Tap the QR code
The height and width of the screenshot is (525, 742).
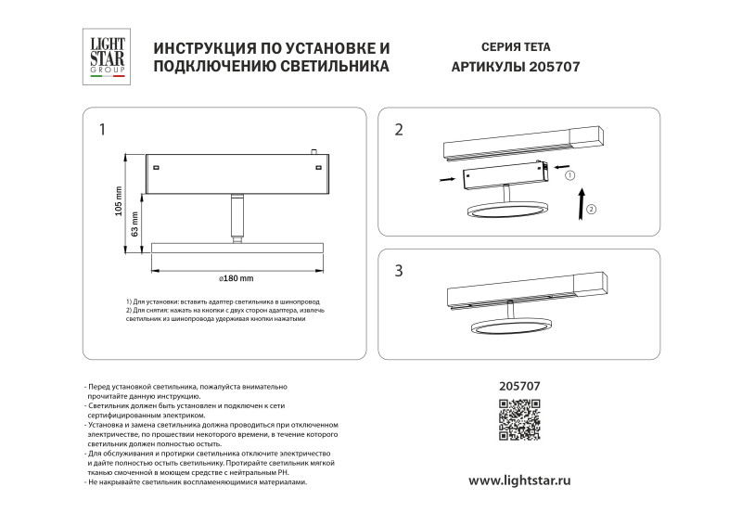pyautogui.click(x=519, y=418)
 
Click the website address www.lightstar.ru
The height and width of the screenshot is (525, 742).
pyautogui.click(x=518, y=480)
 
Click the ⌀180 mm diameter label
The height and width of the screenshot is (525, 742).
pyautogui.click(x=236, y=277)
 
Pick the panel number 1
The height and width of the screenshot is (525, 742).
pyautogui.click(x=103, y=130)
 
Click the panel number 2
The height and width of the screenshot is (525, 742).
pyautogui.click(x=399, y=130)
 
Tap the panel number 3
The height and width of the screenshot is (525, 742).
pyautogui.click(x=399, y=271)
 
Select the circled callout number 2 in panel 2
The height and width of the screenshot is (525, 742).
pyautogui.click(x=592, y=209)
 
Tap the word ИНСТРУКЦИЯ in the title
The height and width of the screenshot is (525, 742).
pyautogui.click(x=207, y=46)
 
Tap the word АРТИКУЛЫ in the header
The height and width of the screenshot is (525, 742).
pyautogui.click(x=486, y=67)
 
